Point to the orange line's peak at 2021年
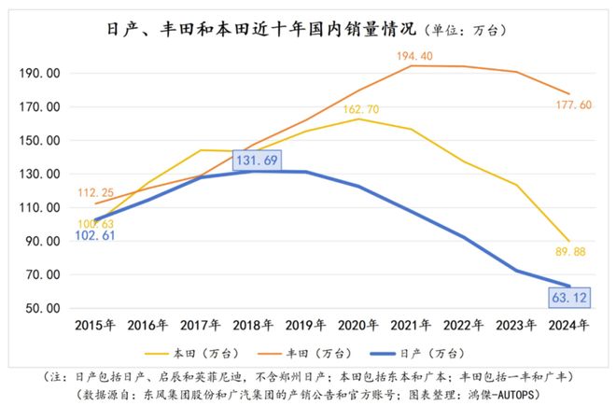(x=413, y=65)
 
